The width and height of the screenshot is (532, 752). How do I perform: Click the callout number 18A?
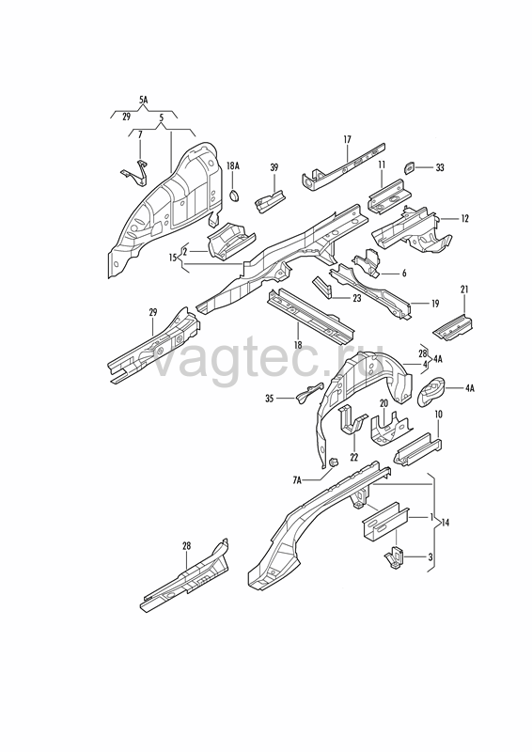coord(233,166)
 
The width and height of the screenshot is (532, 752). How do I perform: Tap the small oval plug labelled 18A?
coord(234,196)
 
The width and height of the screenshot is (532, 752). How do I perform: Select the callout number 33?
coord(439,167)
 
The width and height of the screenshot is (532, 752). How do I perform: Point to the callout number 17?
coord(348,139)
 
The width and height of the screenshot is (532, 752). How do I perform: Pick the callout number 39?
coord(274,167)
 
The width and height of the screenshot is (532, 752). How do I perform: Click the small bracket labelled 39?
coord(270,200)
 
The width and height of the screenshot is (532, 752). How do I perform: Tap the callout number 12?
coord(464,219)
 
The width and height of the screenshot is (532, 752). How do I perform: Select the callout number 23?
coord(356,298)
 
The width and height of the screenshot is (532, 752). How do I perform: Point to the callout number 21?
coord(464,290)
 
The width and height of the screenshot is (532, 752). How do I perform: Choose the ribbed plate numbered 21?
coord(454,327)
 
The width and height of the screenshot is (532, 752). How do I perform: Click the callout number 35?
coord(270,398)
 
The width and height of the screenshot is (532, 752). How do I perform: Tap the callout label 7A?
coord(297,479)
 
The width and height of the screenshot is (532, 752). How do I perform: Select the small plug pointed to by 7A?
coord(334,462)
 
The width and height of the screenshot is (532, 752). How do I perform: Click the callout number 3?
coord(430,557)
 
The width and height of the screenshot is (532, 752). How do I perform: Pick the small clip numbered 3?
coord(395,557)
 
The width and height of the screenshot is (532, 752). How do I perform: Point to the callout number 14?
coord(446,523)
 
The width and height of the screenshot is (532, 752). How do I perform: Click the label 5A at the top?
coord(144,101)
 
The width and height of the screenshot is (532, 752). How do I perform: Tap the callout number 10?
coord(438,414)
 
